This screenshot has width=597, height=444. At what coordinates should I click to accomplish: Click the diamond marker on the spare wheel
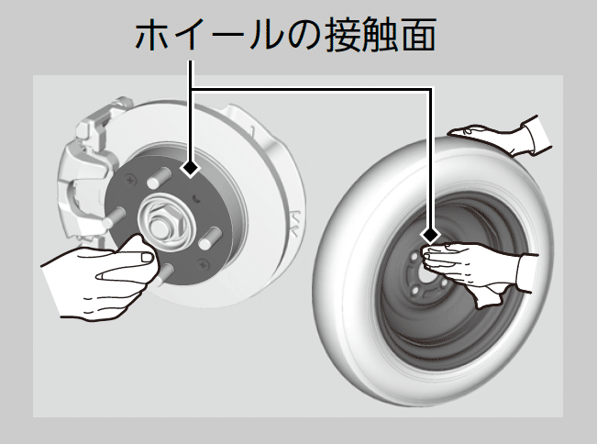point(430,234)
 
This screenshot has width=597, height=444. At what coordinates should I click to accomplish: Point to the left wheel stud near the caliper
point(116,217)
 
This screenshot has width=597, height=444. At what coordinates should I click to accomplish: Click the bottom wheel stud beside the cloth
point(166,272)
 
